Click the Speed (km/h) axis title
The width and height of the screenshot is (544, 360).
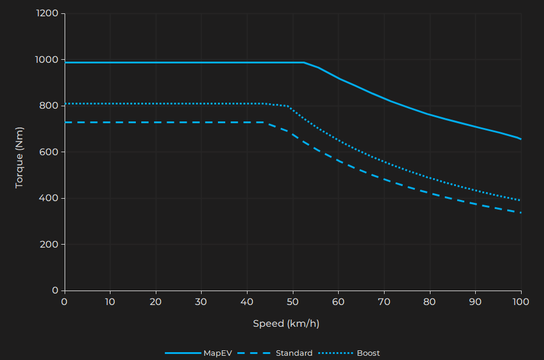coord(286,323)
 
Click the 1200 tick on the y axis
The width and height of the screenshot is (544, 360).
coord(46,13)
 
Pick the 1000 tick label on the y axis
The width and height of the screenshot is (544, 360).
coord(46,60)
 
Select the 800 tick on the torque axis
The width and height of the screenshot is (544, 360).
coord(49,106)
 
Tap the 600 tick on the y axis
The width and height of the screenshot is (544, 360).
coord(49,152)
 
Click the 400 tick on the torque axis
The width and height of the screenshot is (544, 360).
coord(49,198)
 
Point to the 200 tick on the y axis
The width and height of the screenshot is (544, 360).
coord(49,245)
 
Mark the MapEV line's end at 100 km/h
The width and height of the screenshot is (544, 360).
coord(521,139)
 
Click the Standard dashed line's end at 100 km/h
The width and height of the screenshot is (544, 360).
coord(521,213)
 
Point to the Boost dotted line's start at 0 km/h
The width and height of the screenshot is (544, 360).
coord(65,104)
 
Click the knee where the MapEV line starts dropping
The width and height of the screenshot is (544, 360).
coord(304,62)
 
